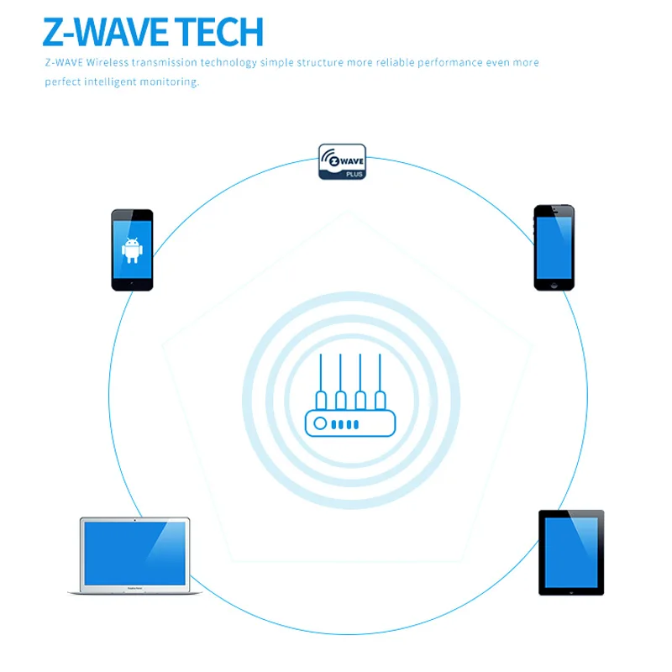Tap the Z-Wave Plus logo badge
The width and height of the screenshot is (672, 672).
342,161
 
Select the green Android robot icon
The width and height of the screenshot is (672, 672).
132,249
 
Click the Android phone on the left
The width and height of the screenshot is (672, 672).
132,249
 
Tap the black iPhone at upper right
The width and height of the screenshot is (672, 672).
554,248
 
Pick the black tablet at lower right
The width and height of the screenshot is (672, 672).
571,552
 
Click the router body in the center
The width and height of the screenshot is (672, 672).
349,423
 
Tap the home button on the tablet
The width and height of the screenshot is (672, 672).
571,591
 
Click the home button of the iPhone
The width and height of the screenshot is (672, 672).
554,285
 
